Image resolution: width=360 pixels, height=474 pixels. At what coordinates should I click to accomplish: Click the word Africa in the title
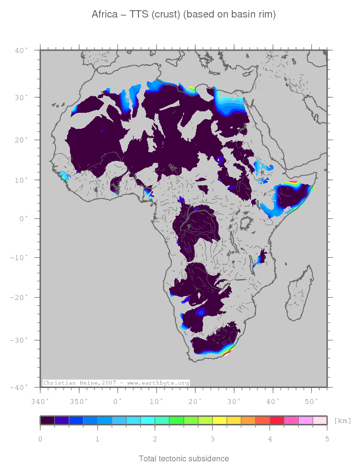(104, 15)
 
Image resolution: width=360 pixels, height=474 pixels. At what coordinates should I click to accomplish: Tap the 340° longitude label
(40, 401)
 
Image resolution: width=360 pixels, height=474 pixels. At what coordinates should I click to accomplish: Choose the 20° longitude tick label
(195, 401)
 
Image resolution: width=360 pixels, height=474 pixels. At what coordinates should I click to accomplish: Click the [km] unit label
(343, 421)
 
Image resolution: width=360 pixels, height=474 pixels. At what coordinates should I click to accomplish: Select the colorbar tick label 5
(327, 439)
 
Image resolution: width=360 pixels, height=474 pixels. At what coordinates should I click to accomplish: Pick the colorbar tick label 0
(40, 439)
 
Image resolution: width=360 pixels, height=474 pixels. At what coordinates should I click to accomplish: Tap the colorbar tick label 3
(212, 439)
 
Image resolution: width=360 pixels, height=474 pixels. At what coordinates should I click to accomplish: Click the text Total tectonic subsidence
(184, 458)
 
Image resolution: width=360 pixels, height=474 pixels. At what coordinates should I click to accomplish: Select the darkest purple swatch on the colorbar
(47, 421)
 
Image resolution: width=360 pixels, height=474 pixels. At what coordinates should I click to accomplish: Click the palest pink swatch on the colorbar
(320, 421)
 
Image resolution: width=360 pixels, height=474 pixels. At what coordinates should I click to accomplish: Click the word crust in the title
(167, 15)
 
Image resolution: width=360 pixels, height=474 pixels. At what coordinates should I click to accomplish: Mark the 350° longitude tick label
(79, 401)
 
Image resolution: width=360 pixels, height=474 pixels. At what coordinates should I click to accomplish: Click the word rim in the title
(268, 15)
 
